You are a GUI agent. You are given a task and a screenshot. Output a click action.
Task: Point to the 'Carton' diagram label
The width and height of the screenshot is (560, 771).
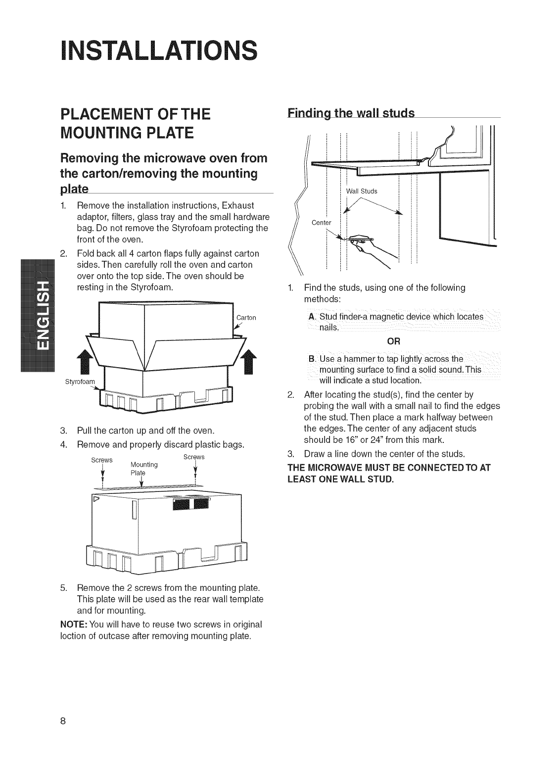(x=246, y=317)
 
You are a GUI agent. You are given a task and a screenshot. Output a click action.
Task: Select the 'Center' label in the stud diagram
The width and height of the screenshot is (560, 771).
(x=322, y=222)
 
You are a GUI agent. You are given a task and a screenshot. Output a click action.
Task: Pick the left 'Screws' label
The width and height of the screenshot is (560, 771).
(x=102, y=460)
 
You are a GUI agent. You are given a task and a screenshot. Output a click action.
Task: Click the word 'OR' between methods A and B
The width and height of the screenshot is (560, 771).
(x=394, y=341)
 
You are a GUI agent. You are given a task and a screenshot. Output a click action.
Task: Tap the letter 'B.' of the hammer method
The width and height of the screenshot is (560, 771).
(x=311, y=358)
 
